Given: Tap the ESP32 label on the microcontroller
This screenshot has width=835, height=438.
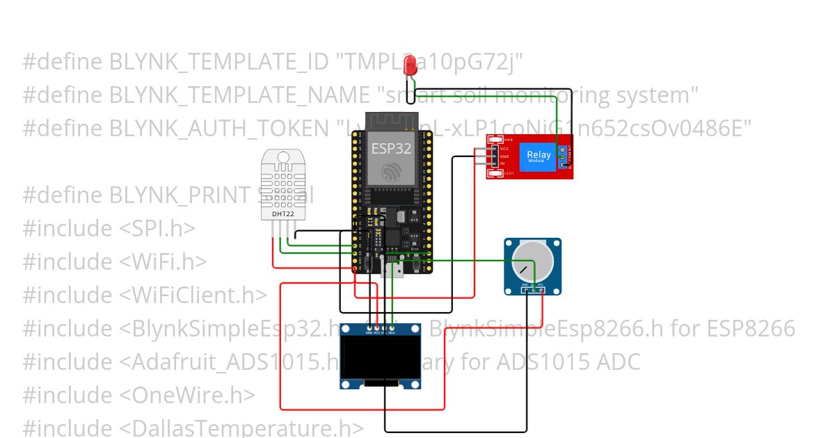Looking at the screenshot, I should point(390,148).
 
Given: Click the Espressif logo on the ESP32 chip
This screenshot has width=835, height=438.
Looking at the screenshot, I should point(390,171).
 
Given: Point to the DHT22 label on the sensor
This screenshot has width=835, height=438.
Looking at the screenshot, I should point(283,215).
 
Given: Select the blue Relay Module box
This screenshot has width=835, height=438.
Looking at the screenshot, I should point(539,157).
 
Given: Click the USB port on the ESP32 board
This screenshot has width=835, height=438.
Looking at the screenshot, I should point(392,268).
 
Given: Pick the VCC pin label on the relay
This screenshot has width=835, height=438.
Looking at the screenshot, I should point(504,149).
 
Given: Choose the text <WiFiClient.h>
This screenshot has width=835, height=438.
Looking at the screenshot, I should point(193,295).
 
